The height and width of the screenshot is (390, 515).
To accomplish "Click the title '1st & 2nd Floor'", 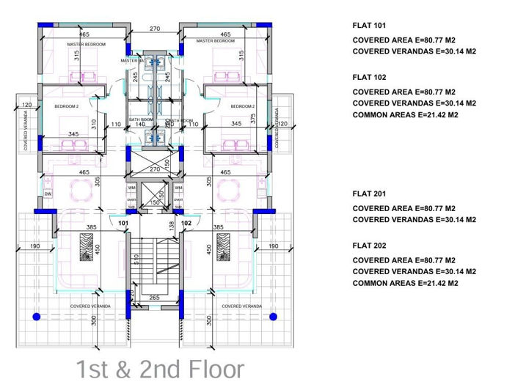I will [x=159, y=369].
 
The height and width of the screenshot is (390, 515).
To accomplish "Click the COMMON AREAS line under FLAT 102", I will [x=405, y=115].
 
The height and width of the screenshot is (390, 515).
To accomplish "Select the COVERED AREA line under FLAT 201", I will [x=403, y=208].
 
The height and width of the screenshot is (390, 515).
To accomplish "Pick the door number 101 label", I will [x=124, y=222].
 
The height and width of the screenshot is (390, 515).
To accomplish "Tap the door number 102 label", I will [x=186, y=222].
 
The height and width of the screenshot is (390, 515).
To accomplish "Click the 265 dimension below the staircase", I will [x=154, y=298].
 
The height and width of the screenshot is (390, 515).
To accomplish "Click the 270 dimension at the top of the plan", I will [x=155, y=29].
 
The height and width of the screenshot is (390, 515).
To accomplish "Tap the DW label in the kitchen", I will [x=48, y=194].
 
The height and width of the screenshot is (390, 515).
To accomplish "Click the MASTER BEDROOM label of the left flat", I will [x=86, y=45].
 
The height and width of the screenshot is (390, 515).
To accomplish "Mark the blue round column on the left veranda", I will [x=37, y=317].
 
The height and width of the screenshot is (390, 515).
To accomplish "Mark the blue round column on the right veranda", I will [x=274, y=317].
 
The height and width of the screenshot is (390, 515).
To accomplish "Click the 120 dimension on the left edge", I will [x=27, y=106].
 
